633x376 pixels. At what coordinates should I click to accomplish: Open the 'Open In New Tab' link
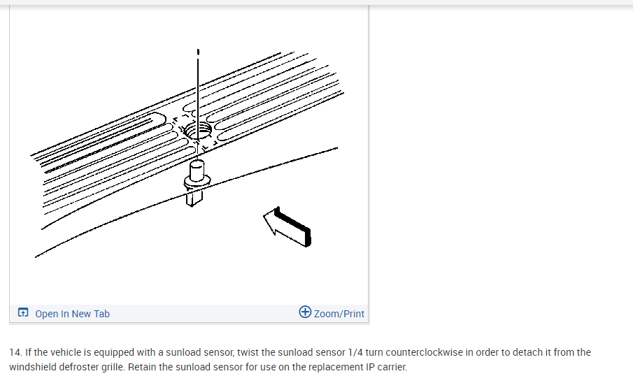pyautogui.click(x=72, y=314)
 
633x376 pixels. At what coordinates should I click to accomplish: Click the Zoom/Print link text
pyautogui.click(x=339, y=314)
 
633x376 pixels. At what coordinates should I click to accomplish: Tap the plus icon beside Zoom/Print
pyautogui.click(x=305, y=312)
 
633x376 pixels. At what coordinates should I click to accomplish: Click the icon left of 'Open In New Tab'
pyautogui.click(x=23, y=313)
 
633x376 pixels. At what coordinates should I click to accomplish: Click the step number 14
pyautogui.click(x=15, y=352)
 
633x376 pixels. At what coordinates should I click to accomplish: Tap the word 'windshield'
pyautogui.click(x=31, y=367)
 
